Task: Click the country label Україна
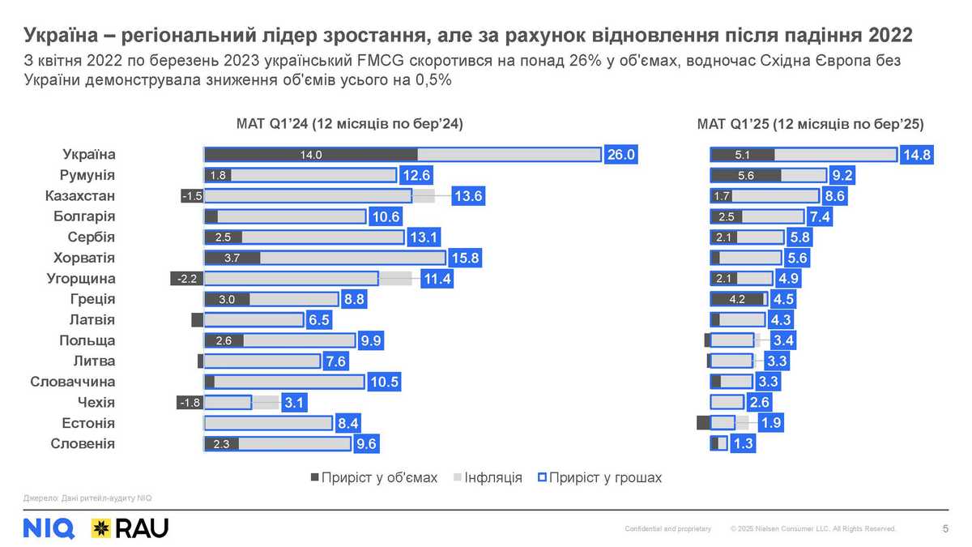(x=89, y=155)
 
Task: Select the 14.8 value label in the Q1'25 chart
(x=916, y=155)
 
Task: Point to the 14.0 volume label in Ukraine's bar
(x=311, y=155)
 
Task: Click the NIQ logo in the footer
(x=49, y=528)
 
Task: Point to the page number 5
(x=946, y=528)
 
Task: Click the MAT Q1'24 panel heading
(x=348, y=124)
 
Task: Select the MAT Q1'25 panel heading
(x=810, y=124)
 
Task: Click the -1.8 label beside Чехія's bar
(x=190, y=403)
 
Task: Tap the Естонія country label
(x=88, y=423)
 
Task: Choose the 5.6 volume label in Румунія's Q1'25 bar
(x=745, y=175)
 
